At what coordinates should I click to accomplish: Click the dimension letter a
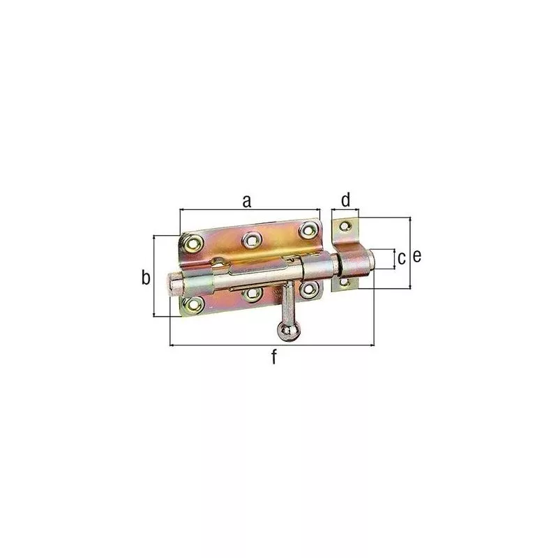246,201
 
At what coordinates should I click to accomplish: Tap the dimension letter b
145,277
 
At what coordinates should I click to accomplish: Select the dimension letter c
401,258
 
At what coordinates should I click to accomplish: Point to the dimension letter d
345,201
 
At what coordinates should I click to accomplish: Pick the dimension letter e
417,256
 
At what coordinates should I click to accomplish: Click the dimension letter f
274,358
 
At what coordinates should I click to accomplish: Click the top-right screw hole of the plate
307,229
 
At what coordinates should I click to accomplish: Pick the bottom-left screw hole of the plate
193,304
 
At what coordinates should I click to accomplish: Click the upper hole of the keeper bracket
342,226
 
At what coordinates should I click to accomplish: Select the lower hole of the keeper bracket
342,282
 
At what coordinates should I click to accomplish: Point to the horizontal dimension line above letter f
272,345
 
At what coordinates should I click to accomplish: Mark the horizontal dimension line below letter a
250,209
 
